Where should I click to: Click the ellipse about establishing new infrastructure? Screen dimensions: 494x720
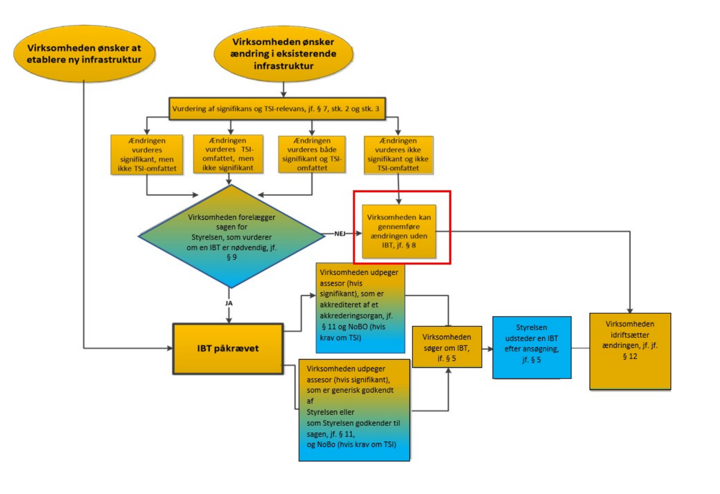pyautogui.click(x=84, y=54)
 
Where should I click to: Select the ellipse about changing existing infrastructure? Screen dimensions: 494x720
pyautogui.click(x=283, y=54)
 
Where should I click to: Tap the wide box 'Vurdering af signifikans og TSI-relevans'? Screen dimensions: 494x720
pyautogui.click(x=277, y=109)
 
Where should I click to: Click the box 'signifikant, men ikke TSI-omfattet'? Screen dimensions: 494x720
pyautogui.click(x=147, y=154)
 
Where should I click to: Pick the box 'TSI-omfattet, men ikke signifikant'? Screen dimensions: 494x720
pyautogui.click(x=228, y=154)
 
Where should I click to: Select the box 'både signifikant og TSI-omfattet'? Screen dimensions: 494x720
pyautogui.click(x=312, y=154)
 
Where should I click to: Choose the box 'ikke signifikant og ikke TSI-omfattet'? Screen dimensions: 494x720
pyautogui.click(x=398, y=155)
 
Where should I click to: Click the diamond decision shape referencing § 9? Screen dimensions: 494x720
pyautogui.click(x=231, y=236)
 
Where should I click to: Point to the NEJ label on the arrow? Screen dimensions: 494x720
pyautogui.click(x=340, y=233)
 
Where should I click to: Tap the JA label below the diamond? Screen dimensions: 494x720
pyautogui.click(x=229, y=303)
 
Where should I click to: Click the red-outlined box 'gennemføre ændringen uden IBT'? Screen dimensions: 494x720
pyautogui.click(x=399, y=231)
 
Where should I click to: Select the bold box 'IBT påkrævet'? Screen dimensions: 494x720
pyautogui.click(x=228, y=348)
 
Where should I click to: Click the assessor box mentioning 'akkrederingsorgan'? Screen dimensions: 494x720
pyautogui.click(x=360, y=308)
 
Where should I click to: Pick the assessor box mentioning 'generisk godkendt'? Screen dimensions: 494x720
pyautogui.click(x=354, y=410)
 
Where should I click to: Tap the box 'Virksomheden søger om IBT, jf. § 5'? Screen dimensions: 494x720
pyautogui.click(x=447, y=347)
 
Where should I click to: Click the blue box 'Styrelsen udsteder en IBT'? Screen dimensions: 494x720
pyautogui.click(x=531, y=347)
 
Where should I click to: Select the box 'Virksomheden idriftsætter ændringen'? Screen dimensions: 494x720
pyautogui.click(x=630, y=351)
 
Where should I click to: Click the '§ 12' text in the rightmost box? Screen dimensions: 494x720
pyautogui.click(x=630, y=356)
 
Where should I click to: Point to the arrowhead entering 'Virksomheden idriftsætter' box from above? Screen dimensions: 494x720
pyautogui.click(x=630, y=310)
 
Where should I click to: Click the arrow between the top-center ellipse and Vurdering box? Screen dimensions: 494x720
pyautogui.click(x=283, y=89)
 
